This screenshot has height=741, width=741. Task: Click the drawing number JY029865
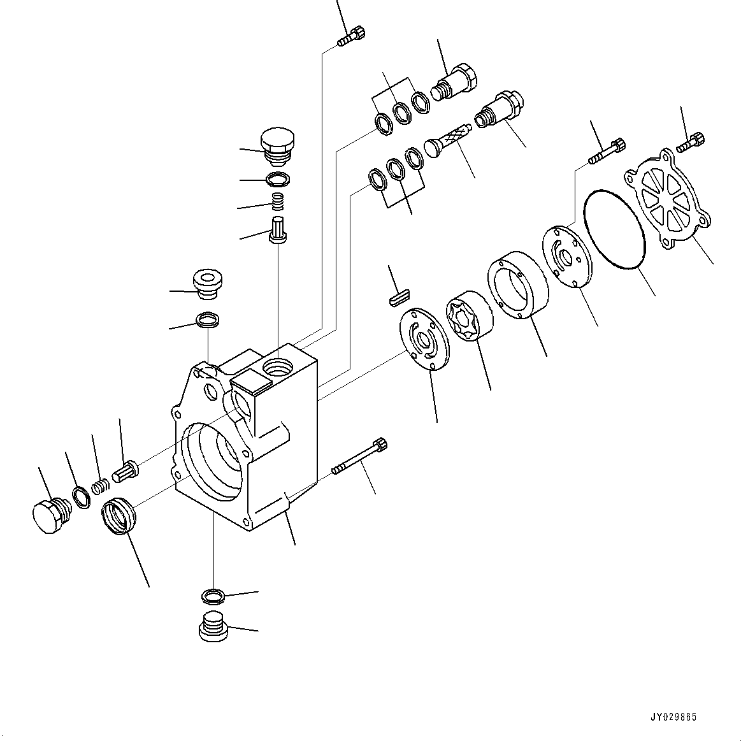pyautogui.click(x=674, y=717)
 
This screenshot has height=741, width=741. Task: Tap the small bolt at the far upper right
pyautogui.click(x=692, y=142)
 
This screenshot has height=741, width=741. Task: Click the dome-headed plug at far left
pyautogui.click(x=48, y=514)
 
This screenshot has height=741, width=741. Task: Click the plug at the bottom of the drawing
pyautogui.click(x=212, y=626)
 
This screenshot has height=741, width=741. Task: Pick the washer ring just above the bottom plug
pyautogui.click(x=212, y=596)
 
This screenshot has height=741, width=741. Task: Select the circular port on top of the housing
pyautogui.click(x=278, y=367)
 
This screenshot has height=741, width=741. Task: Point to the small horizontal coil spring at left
pyautogui.click(x=99, y=488)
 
